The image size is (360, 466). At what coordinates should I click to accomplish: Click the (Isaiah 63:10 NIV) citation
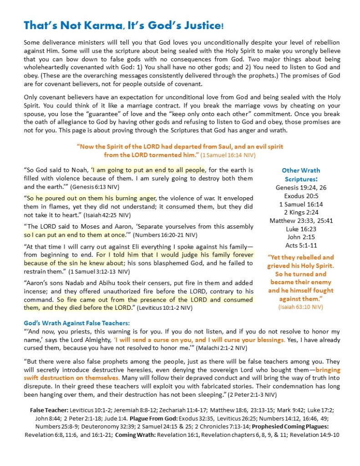coord(301,307)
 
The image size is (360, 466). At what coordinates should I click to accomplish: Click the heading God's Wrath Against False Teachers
coord(77,323)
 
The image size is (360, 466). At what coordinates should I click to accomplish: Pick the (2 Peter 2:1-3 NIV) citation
coord(249,394)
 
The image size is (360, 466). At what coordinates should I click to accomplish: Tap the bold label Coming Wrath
coord(132,435)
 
